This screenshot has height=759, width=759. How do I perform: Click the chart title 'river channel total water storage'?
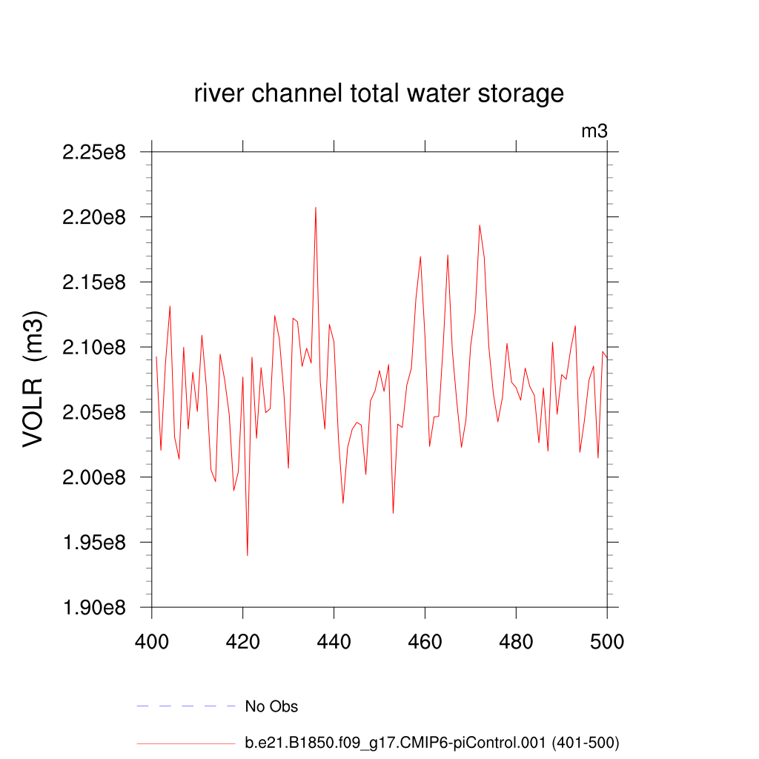tap(379, 94)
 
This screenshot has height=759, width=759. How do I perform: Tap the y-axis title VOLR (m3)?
tap(35, 379)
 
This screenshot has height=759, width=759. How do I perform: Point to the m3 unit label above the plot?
tap(594, 132)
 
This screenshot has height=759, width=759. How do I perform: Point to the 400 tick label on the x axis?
tap(151, 641)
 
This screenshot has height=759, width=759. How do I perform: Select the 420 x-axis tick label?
tap(243, 641)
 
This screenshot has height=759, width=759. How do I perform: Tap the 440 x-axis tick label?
tap(334, 641)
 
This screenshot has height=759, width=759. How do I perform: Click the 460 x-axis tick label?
tap(425, 641)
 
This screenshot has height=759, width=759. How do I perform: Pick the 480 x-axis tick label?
tap(516, 641)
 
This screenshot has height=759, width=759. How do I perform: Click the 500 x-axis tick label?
tap(607, 641)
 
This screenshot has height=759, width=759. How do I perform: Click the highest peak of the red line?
tap(316, 208)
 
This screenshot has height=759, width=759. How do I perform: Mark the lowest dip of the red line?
tap(247, 555)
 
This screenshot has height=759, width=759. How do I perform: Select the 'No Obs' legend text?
tap(271, 706)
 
